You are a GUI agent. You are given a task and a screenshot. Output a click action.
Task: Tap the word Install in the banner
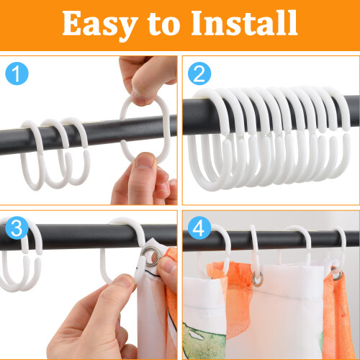(244, 23)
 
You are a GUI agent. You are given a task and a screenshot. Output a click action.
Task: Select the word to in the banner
(163, 24)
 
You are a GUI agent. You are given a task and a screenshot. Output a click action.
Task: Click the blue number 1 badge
(17, 73)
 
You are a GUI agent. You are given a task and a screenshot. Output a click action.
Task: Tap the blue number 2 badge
(199, 73)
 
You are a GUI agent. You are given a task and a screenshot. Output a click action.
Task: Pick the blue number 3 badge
(17, 228)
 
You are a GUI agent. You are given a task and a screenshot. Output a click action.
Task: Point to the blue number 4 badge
(199, 228)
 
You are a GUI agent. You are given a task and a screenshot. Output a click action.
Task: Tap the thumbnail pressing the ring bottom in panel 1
(145, 161)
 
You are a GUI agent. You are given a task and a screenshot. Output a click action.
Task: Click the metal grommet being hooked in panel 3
(151, 256)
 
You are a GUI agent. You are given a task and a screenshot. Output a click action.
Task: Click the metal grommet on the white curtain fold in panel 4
(258, 279)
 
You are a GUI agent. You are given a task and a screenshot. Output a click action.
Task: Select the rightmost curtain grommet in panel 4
(337, 274)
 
